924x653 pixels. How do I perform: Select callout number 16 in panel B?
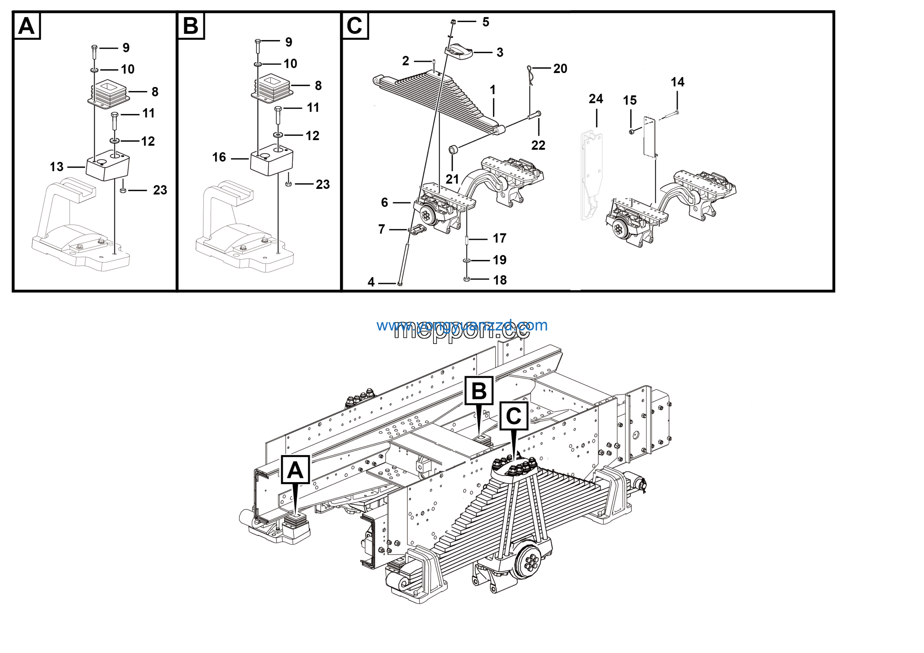(x=219, y=157)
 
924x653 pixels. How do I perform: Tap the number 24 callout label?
(x=596, y=99)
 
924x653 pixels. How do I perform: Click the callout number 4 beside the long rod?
(x=371, y=282)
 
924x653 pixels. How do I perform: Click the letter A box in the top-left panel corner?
(x=27, y=26)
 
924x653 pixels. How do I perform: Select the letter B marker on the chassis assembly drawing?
(x=479, y=390)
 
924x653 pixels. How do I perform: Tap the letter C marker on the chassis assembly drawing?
(x=514, y=415)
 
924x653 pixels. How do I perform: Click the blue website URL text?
(x=462, y=325)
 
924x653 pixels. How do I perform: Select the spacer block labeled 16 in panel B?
(x=272, y=161)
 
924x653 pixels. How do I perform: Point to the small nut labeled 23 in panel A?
(x=123, y=190)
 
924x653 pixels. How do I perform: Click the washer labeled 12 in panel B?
(x=278, y=134)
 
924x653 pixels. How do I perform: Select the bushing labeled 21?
(x=452, y=150)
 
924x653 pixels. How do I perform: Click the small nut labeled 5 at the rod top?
(x=453, y=21)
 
